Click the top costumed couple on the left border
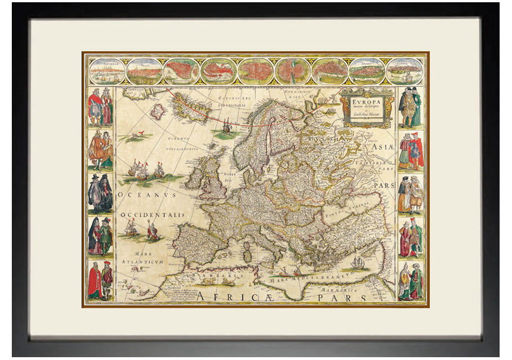100,106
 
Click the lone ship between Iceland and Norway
226,126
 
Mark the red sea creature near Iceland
136,135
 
